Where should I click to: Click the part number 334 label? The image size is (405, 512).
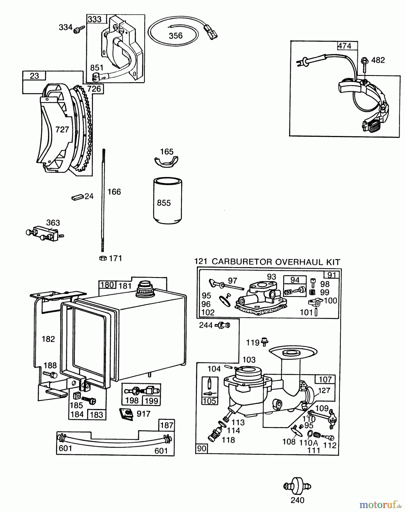[65, 27]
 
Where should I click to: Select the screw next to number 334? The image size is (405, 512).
[79, 30]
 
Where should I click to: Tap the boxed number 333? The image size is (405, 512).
[94, 19]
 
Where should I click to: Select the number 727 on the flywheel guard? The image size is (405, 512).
[62, 129]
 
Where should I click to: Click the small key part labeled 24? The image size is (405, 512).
[77, 197]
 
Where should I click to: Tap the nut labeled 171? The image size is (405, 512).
[103, 258]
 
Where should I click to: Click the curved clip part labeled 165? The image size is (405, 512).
[166, 160]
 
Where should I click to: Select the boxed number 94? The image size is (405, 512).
[295, 280]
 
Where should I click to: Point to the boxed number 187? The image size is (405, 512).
[166, 425]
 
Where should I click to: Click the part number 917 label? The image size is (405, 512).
[143, 414]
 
